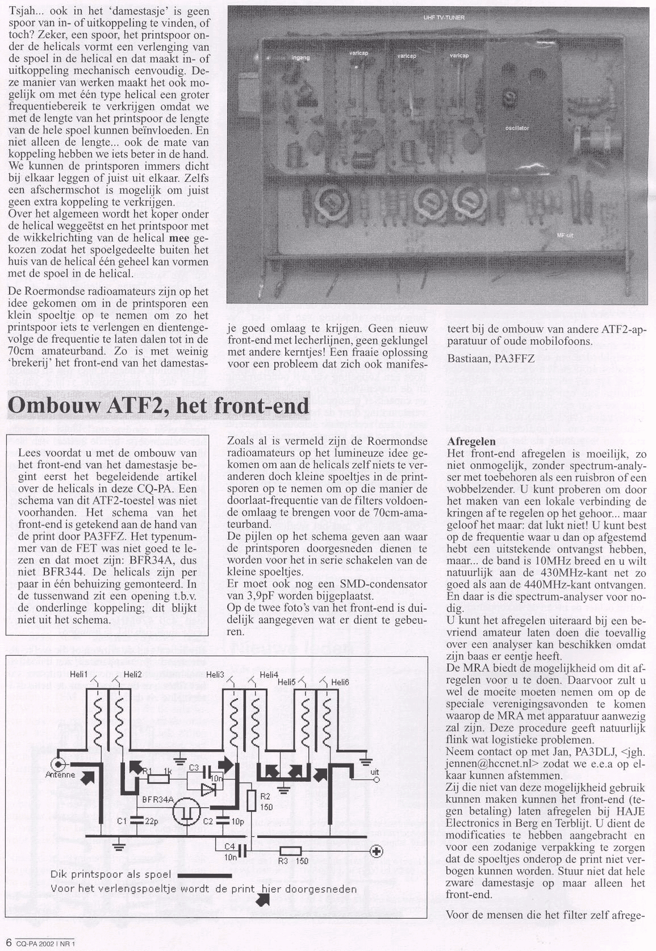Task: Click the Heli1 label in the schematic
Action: pyautogui.click(x=78, y=674)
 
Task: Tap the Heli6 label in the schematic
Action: pyautogui.click(x=339, y=682)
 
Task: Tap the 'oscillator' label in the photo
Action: pyautogui.click(x=517, y=128)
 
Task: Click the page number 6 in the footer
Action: pyautogui.click(x=9, y=944)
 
